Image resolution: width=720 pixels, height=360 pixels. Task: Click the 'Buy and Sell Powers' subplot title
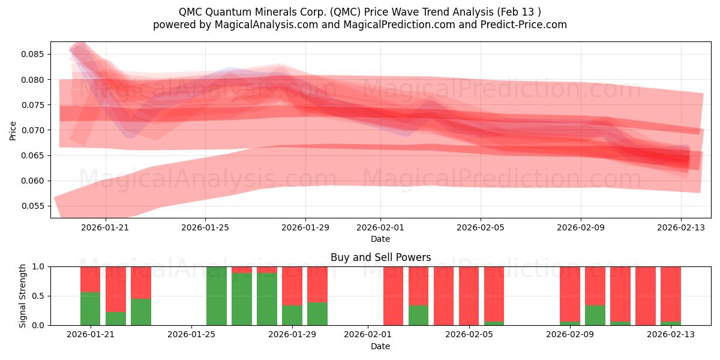click(x=380, y=257)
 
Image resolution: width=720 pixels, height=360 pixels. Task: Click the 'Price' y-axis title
click(x=13, y=130)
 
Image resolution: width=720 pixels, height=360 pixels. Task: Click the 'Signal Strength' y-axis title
click(x=22, y=296)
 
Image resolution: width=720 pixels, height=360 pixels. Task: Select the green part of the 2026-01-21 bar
click(x=90, y=308)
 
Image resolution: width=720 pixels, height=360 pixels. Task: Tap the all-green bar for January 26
click(x=216, y=296)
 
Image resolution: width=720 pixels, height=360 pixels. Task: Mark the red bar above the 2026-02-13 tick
click(x=670, y=294)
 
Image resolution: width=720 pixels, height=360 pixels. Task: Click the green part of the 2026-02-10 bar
click(x=595, y=315)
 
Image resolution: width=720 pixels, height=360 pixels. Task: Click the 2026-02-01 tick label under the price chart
click(x=380, y=227)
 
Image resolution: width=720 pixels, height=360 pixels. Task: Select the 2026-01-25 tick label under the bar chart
click(x=191, y=335)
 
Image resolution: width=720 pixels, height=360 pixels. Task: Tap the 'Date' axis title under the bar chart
click(x=380, y=346)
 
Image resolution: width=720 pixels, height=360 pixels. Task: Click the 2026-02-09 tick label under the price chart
click(x=580, y=227)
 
